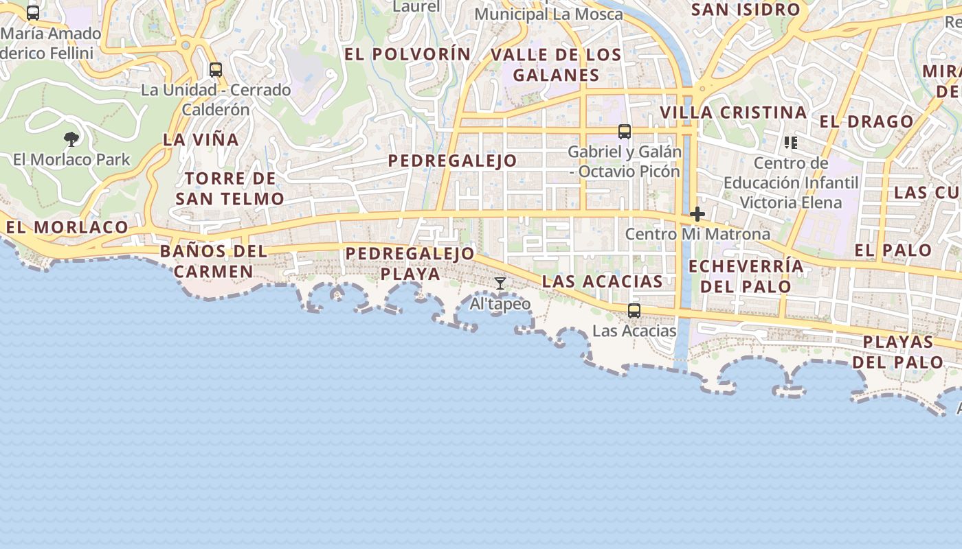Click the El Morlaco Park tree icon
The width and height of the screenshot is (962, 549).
tap(71, 139)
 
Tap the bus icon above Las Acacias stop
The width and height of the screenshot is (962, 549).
tap(634, 311)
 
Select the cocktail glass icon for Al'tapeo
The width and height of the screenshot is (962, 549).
tap(500, 283)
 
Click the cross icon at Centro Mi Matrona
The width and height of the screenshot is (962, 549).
tap(697, 214)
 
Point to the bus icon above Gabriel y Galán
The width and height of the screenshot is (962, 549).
tap(625, 131)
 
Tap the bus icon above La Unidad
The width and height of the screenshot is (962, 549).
tap(216, 69)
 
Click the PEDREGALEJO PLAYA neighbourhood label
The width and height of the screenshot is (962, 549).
tap(410, 264)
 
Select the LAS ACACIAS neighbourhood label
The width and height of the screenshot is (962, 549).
tap(603, 281)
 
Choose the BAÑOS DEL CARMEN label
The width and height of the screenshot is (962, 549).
tap(214, 261)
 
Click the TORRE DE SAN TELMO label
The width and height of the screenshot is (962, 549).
tap(230, 189)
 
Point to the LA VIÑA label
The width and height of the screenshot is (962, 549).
tap(201, 140)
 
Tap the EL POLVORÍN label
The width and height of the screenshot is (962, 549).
tap(408, 55)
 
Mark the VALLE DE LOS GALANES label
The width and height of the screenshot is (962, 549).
tap(556, 65)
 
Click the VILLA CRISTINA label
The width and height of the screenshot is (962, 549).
tap(733, 113)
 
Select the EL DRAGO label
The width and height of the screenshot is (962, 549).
tap(866, 122)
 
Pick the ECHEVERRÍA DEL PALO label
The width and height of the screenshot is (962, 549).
tap(746, 276)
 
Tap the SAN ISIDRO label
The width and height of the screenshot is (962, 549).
tap(746, 10)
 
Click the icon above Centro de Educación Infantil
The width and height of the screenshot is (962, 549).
tap(791, 143)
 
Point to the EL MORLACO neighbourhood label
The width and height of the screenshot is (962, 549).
tap(67, 227)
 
